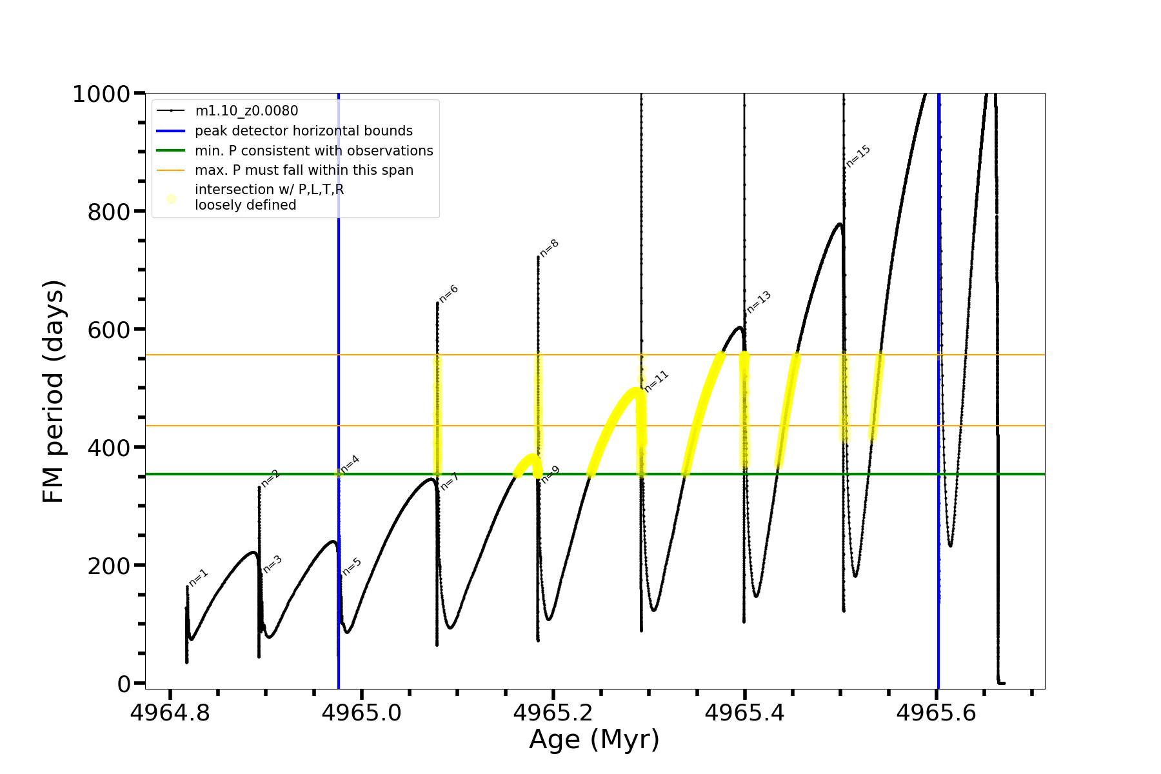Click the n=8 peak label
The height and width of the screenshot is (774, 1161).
coord(550,248)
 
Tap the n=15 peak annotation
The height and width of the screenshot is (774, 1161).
coord(858,156)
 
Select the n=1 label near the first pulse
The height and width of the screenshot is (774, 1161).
coord(199,577)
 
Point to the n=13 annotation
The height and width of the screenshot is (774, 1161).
coord(759,303)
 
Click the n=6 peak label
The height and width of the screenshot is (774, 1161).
coord(449,293)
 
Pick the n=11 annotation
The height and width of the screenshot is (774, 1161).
coord(657,381)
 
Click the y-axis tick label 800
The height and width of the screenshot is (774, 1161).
coord(109,212)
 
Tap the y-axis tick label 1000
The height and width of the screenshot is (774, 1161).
coord(101,94)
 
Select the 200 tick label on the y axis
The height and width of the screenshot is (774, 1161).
coord(109,566)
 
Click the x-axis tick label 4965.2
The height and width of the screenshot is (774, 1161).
coord(553,713)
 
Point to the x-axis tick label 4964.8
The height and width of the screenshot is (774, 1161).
coord(170,713)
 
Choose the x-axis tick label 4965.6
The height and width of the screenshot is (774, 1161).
coord(936,713)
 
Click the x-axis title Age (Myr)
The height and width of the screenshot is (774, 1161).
coord(594,739)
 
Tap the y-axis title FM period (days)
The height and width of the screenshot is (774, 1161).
coord(54,391)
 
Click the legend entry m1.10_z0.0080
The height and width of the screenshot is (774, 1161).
coord(246,111)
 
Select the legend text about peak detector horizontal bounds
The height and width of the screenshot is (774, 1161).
coord(303,131)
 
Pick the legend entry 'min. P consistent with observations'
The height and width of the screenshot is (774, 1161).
coord(313,151)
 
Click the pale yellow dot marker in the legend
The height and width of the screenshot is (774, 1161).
coord(171,199)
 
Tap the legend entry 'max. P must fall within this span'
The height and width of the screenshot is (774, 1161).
coord(304,170)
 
